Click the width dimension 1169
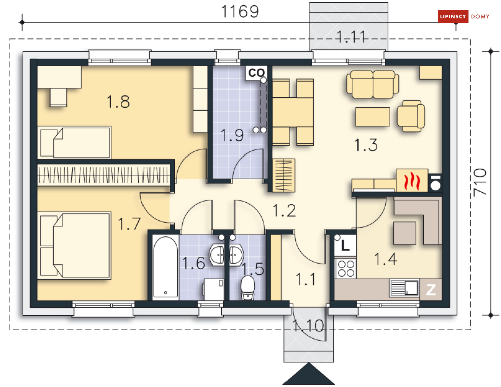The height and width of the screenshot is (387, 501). (240, 11)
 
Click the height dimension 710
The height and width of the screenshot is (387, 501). (480, 182)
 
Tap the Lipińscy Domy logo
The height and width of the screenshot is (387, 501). (464, 16)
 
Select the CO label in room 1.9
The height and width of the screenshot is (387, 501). (256, 73)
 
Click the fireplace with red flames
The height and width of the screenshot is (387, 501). (412, 180)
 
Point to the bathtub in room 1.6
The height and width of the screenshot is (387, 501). (165, 267)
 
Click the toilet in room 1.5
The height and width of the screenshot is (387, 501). (248, 288)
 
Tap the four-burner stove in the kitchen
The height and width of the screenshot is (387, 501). (346, 268)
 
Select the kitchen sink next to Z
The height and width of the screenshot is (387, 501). (404, 288)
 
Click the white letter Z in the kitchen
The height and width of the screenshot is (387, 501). (431, 290)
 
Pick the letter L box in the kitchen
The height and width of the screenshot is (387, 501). (345, 246)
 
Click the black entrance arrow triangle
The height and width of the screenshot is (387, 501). (309, 374)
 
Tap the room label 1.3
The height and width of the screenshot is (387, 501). (366, 145)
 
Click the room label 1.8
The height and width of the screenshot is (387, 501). (118, 102)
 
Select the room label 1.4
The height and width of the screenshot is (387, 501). (386, 259)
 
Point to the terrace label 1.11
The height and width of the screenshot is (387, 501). (351, 37)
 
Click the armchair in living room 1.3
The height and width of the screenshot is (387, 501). (411, 116)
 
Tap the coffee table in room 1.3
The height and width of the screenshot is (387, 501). (373, 117)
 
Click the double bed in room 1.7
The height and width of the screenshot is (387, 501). (75, 245)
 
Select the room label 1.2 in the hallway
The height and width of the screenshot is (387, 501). (284, 211)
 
